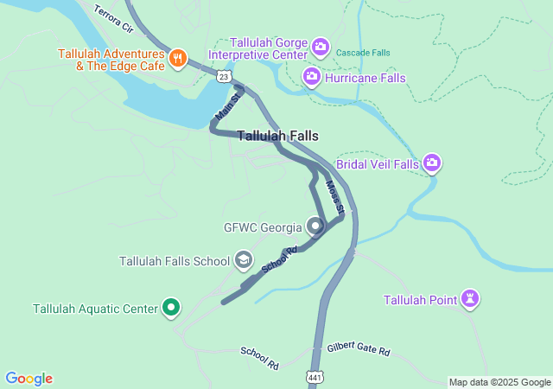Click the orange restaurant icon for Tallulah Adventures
click(178, 58)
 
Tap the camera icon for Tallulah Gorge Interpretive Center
click(321, 46)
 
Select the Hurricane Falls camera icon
click(311, 78)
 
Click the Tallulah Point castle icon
click(471, 300)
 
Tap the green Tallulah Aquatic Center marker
click(171, 308)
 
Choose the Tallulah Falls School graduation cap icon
click(244, 260)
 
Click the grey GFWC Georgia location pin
click(315, 227)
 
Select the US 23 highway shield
click(224, 77)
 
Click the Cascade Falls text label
click(363, 53)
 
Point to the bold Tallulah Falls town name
click(277, 136)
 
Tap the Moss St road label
click(335, 197)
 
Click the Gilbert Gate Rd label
click(359, 351)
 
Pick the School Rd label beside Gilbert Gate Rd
click(259, 358)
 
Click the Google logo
click(29, 379)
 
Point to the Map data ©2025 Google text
click(499, 382)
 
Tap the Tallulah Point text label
click(419, 300)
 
